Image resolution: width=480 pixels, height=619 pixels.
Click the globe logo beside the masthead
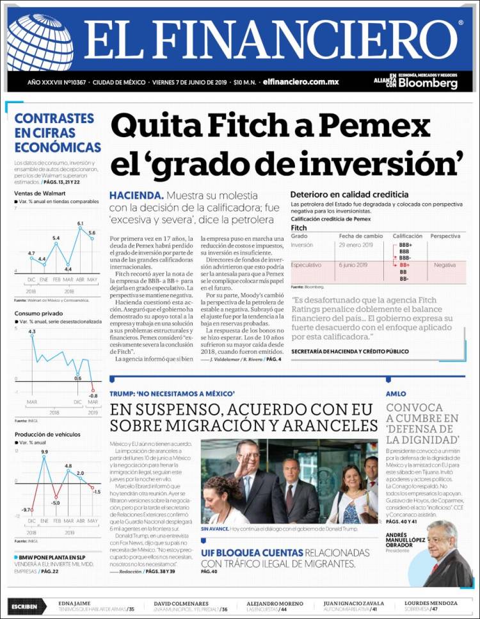(x=40, y=43)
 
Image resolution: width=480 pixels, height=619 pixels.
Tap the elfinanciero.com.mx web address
(x=300, y=82)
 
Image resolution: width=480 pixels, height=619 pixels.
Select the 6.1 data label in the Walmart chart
(x=81, y=224)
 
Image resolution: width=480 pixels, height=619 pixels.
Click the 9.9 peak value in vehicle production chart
(x=44, y=452)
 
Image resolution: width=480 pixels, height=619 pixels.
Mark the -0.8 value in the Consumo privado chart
(x=93, y=396)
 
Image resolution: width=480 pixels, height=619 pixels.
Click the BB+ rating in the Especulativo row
(x=404, y=265)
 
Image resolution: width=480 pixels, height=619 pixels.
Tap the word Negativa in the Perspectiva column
(x=444, y=265)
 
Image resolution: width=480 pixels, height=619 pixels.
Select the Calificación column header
(x=407, y=236)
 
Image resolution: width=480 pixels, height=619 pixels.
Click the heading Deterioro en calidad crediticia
(x=349, y=194)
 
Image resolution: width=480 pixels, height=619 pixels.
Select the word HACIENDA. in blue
(x=136, y=195)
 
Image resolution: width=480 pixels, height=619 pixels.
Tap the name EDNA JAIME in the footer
(x=74, y=603)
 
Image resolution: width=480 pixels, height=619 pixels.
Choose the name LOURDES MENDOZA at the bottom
(x=430, y=603)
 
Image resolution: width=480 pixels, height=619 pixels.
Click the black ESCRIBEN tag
(x=27, y=606)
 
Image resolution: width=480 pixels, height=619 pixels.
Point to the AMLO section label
(x=396, y=393)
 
